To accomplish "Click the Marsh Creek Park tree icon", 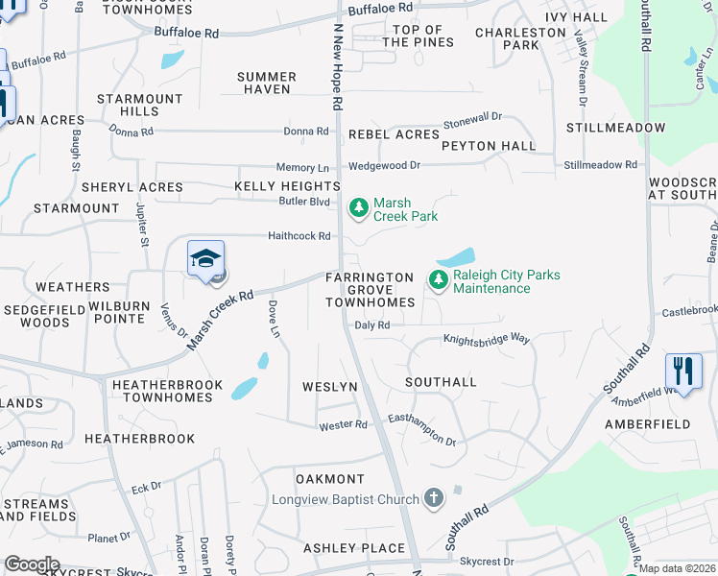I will click(358, 207).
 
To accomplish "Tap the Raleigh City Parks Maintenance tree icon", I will click(439, 280).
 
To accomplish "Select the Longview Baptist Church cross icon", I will click(434, 498).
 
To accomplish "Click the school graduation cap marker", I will click(205, 259).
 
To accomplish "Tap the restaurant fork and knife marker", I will click(683, 371).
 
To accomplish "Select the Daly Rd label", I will click(372, 325).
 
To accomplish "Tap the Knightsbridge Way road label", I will click(486, 339).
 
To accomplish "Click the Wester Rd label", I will click(343, 424).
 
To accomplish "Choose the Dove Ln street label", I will click(274, 318).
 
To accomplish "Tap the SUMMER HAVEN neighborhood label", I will click(267, 83).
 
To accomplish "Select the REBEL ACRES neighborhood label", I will click(394, 134).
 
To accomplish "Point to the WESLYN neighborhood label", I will click(330, 387).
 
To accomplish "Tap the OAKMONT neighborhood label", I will click(330, 479).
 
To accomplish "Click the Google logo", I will click(32, 564).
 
